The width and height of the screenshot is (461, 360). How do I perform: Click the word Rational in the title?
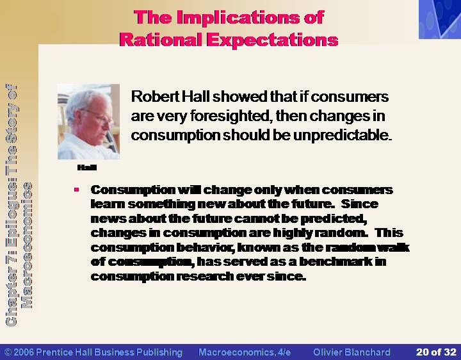point(161,40)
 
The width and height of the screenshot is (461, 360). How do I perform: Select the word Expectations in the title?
point(272,40)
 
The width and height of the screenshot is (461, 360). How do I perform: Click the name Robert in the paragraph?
point(155,97)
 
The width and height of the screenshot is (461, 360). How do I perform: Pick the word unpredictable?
point(343,135)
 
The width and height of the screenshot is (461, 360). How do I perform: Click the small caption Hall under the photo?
point(86,167)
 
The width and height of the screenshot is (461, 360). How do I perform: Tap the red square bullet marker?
point(77,190)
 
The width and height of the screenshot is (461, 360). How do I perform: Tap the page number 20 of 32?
point(436,352)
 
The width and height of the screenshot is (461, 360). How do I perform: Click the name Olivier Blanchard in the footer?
point(352,352)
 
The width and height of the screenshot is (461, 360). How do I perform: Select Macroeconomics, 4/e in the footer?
point(245,352)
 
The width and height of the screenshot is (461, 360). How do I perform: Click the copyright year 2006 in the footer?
point(24,352)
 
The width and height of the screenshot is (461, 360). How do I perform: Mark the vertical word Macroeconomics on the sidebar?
point(27,245)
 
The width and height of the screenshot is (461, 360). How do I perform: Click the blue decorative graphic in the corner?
point(440,19)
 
